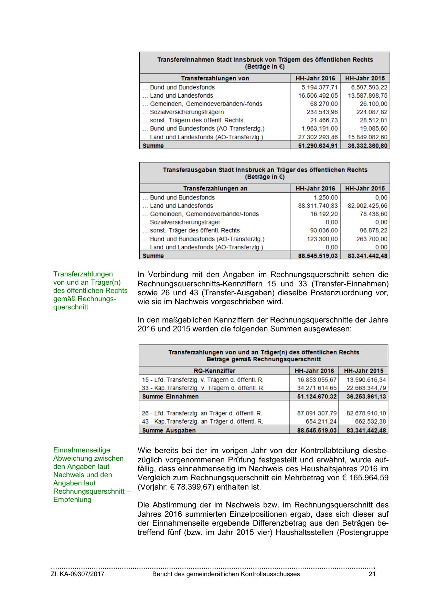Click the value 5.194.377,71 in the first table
coord(319,87)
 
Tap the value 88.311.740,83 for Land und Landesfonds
coord(318,206)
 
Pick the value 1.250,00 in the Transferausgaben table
coord(325,197)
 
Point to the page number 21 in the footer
coord(372,574)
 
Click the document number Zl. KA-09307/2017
coord(78,574)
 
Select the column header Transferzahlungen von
coord(215,78)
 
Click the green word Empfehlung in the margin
coord(72,500)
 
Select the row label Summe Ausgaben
coord(169,430)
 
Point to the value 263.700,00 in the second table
coord(372,239)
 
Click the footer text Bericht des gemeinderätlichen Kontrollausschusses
coord(226,574)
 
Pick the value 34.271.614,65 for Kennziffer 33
coord(317,388)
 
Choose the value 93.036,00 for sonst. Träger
coord(322,230)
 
